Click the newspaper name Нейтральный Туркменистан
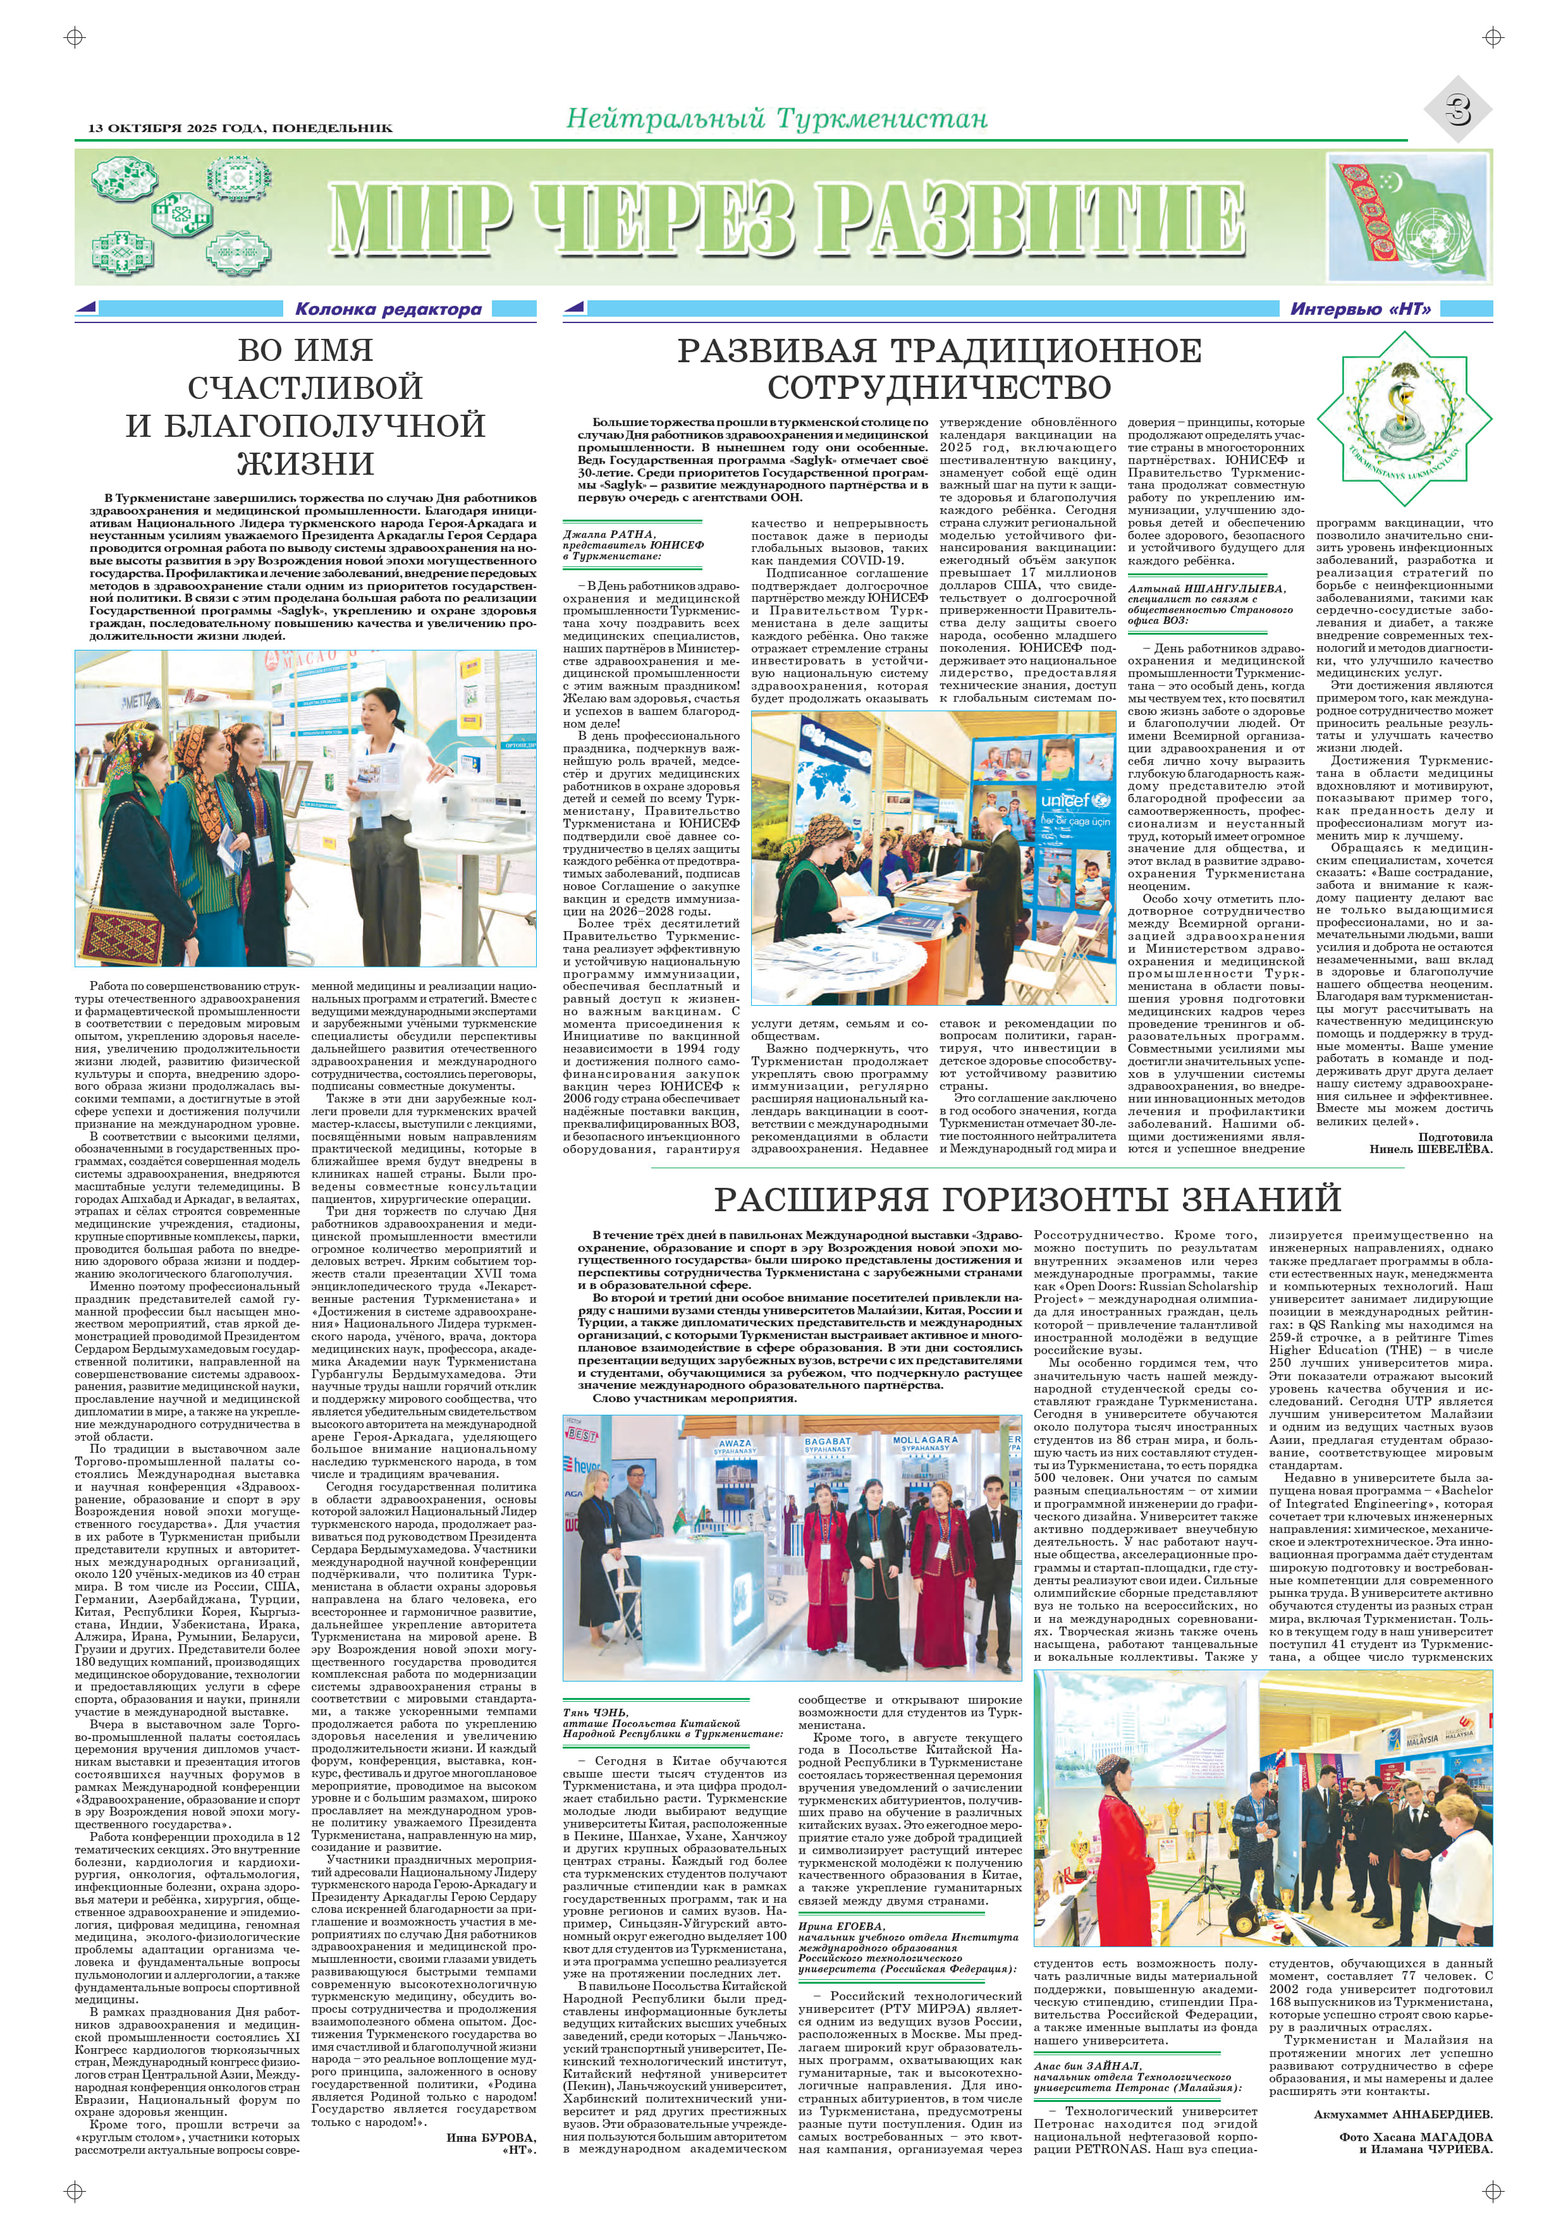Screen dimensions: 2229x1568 (x=776, y=119)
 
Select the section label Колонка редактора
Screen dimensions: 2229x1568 (x=388, y=310)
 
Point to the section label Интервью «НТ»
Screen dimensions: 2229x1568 (x=1360, y=310)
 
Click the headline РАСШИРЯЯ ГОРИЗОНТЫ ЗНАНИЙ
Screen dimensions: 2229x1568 (x=1027, y=1199)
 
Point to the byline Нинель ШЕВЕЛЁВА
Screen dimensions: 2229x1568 (x=1430, y=1149)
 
